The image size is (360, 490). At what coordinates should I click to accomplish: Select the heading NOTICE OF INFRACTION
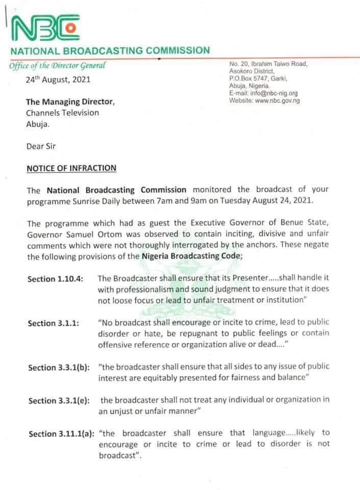click(x=71, y=167)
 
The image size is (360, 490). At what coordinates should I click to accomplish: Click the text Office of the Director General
click(x=58, y=65)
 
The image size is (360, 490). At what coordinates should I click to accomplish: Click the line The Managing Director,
click(x=70, y=102)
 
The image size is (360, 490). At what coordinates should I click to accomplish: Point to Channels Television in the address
click(x=63, y=113)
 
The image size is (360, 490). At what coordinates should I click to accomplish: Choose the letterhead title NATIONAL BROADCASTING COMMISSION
click(x=110, y=51)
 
